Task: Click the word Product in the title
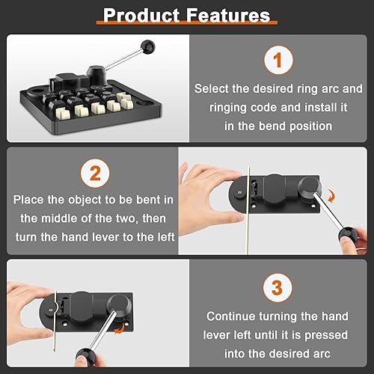coord(141,16)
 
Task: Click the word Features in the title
coord(228,16)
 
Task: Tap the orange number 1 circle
coord(278,60)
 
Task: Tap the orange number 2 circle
coord(95,174)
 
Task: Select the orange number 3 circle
coord(278,288)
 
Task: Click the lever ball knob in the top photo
coord(147,47)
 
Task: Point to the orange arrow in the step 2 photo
coord(331,195)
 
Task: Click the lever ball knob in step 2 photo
coord(348,236)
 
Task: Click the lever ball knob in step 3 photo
coord(85,357)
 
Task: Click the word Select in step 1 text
coord(211,89)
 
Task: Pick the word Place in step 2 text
coord(28,200)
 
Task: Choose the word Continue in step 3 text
coord(231,316)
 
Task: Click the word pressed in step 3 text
coord(326,336)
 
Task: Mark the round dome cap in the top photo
coord(96,73)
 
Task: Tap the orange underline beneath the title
coord(187,22)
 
